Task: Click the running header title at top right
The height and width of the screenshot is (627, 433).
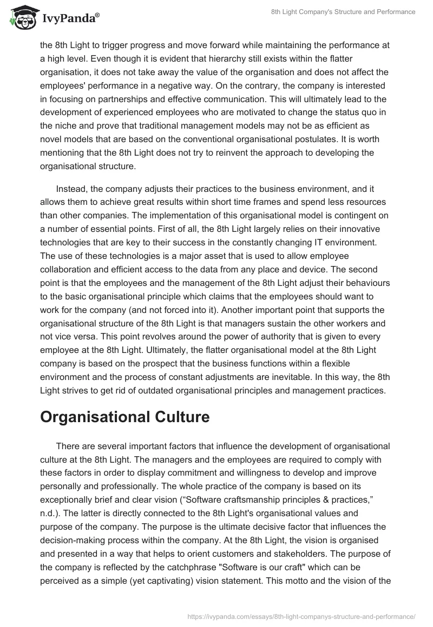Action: click(343, 12)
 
